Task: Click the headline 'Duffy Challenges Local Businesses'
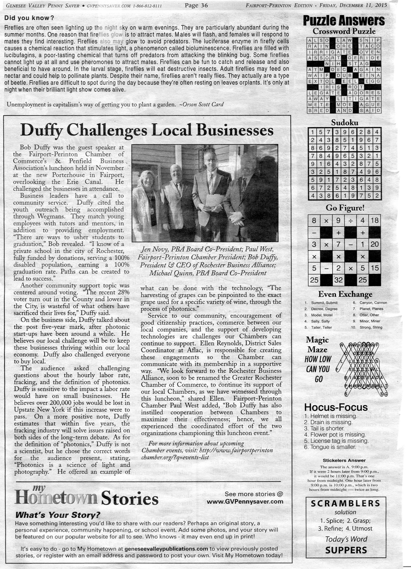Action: pos(147,131)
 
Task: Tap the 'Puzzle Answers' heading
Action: pos(344,21)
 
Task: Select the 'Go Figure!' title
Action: pos(344,208)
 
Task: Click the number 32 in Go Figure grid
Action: pos(338,280)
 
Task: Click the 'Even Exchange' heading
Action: pos(345,294)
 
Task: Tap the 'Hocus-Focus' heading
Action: pos(336,408)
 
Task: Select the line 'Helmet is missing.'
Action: pos(330,416)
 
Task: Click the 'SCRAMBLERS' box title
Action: pos(345,503)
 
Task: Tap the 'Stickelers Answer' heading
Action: pos(344,460)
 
